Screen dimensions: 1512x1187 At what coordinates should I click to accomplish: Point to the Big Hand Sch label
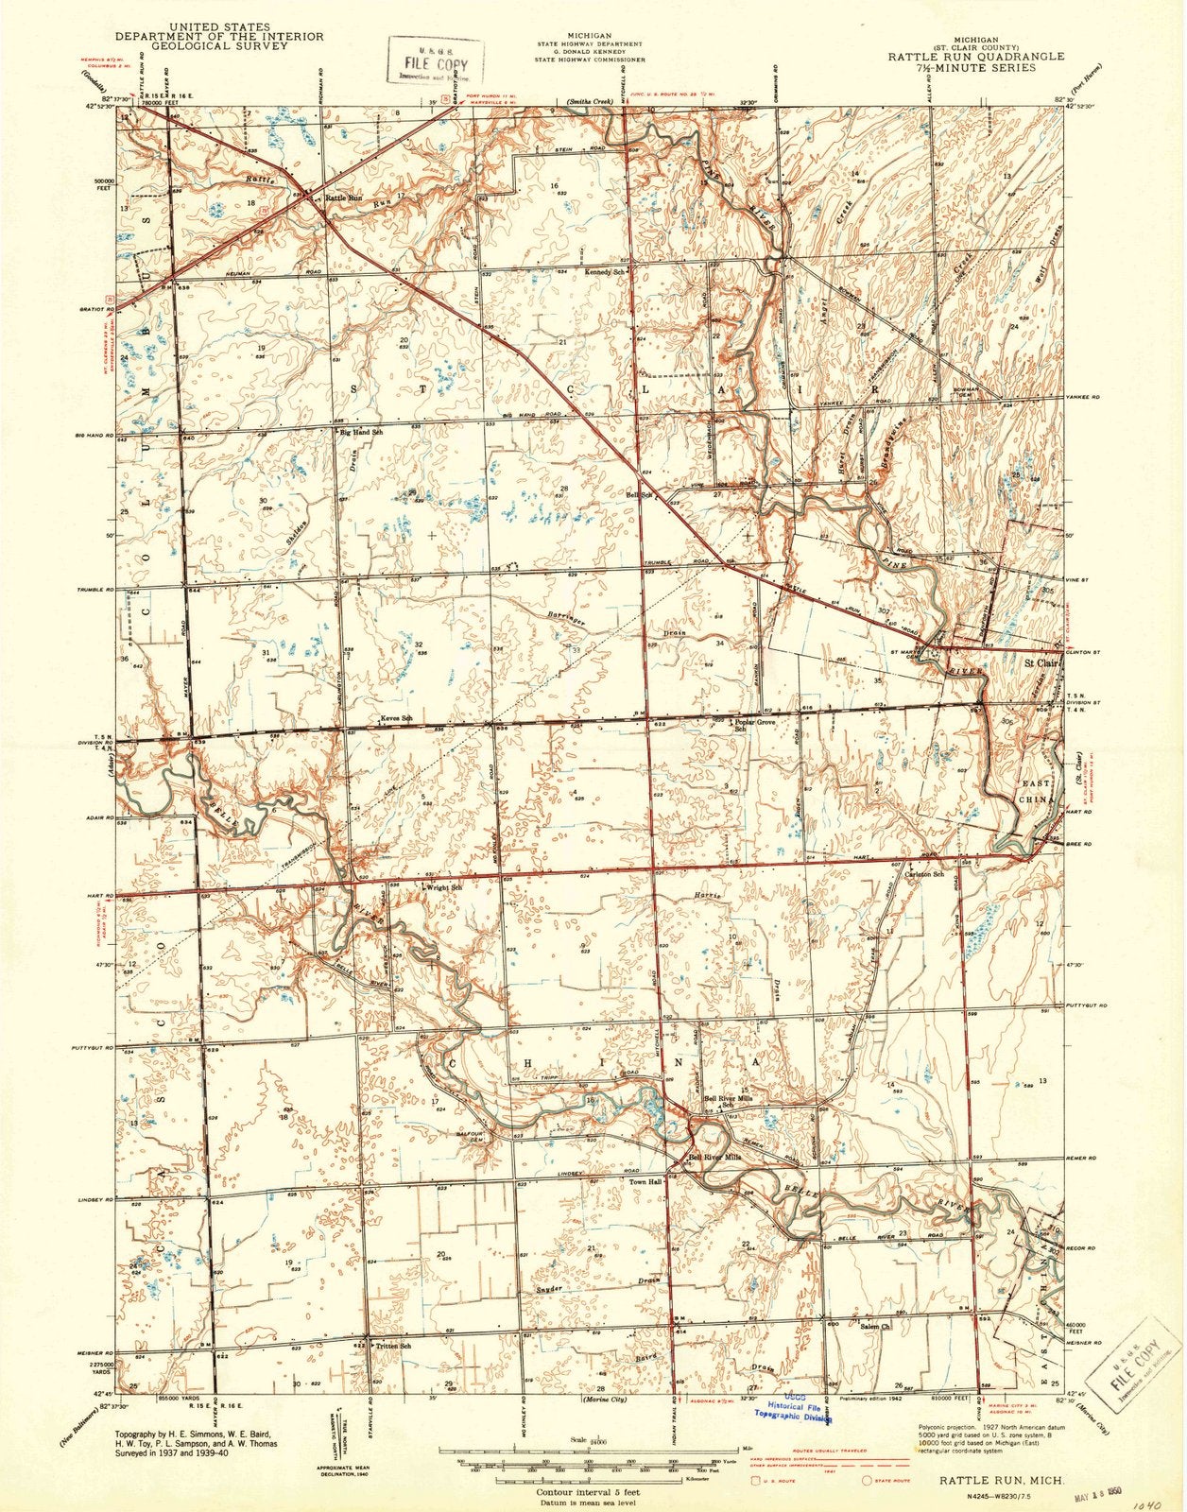click(x=362, y=431)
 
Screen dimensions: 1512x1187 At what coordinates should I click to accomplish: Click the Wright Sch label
click(x=442, y=887)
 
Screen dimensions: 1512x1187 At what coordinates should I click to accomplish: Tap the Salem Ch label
click(x=877, y=1326)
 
